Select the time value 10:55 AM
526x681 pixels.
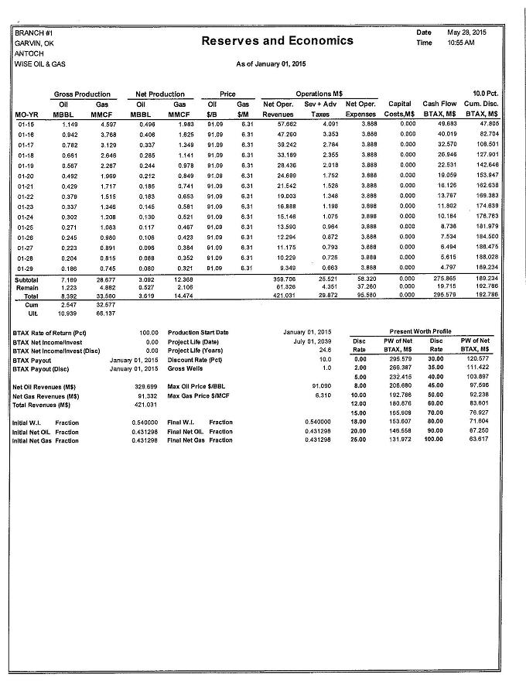[459, 43]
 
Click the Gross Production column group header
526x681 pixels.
[82, 94]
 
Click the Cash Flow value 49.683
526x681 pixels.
[447, 123]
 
